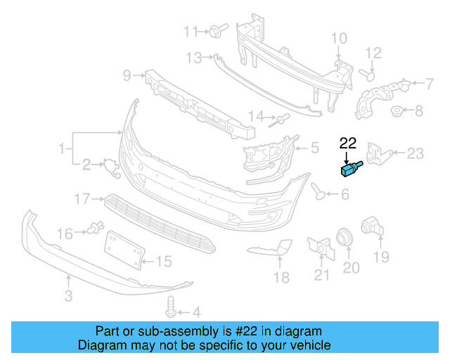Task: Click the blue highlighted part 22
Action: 349,169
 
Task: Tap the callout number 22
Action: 348,143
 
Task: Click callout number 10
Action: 339,38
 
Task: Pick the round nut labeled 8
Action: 397,110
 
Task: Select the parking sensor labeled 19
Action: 370,227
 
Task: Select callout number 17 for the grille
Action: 83,200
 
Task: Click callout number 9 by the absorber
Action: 128,74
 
